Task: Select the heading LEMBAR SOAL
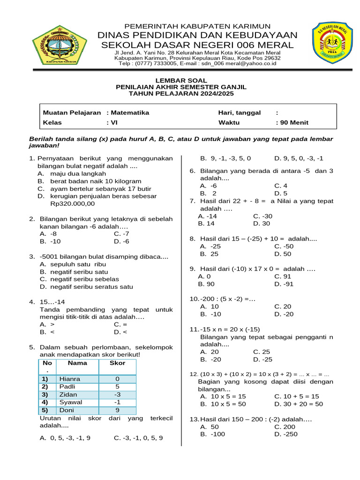(x=181, y=81)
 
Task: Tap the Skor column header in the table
(x=117, y=363)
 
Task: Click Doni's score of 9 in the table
(x=117, y=410)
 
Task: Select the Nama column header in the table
(x=77, y=363)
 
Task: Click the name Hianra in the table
(x=70, y=379)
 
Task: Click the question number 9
(x=192, y=269)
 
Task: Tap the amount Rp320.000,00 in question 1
(x=72, y=204)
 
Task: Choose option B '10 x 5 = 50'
(x=223, y=404)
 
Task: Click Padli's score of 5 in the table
(x=117, y=387)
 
